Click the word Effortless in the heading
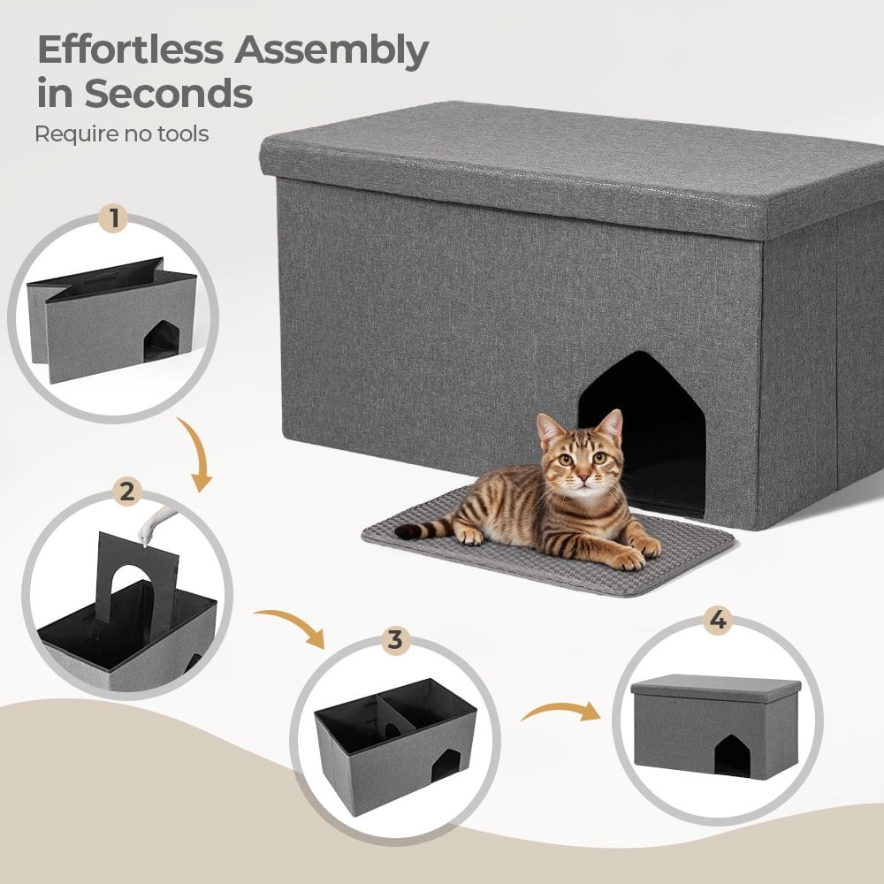point(130,50)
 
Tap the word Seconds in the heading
point(169,93)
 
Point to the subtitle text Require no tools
point(122,134)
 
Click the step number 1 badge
point(115,218)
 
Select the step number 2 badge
point(127,491)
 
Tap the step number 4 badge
point(717,620)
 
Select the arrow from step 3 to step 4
point(561,711)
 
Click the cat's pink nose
point(583,478)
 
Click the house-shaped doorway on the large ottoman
point(642,433)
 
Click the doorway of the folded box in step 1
point(162,341)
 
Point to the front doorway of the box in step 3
point(445,766)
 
